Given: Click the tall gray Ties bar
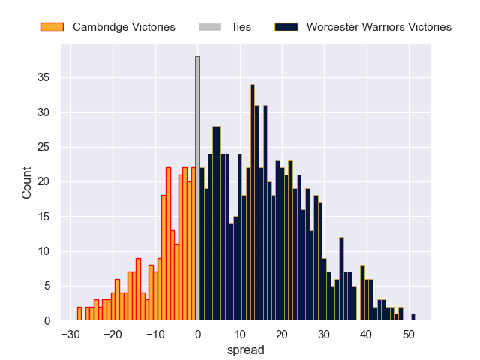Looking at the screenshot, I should point(197,187).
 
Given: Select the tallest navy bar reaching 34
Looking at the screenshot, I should point(253,202).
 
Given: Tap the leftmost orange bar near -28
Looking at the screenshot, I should point(79,313).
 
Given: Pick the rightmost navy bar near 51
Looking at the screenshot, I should point(412,317).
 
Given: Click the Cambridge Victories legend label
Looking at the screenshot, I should point(124,27).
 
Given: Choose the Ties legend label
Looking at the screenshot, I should point(237,27).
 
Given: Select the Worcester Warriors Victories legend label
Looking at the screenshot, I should point(379,27).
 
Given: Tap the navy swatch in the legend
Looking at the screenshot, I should point(286,27).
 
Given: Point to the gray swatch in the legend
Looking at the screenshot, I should point(210,27).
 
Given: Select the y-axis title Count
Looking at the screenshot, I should point(27,182).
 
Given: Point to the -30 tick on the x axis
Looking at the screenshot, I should point(70,333).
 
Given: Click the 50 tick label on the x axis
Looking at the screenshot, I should point(409,333).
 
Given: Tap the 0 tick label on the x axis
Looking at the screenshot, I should point(198,333).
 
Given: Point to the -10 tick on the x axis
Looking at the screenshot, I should point(155,333).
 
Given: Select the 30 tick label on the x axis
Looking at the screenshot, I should point(324,333).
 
